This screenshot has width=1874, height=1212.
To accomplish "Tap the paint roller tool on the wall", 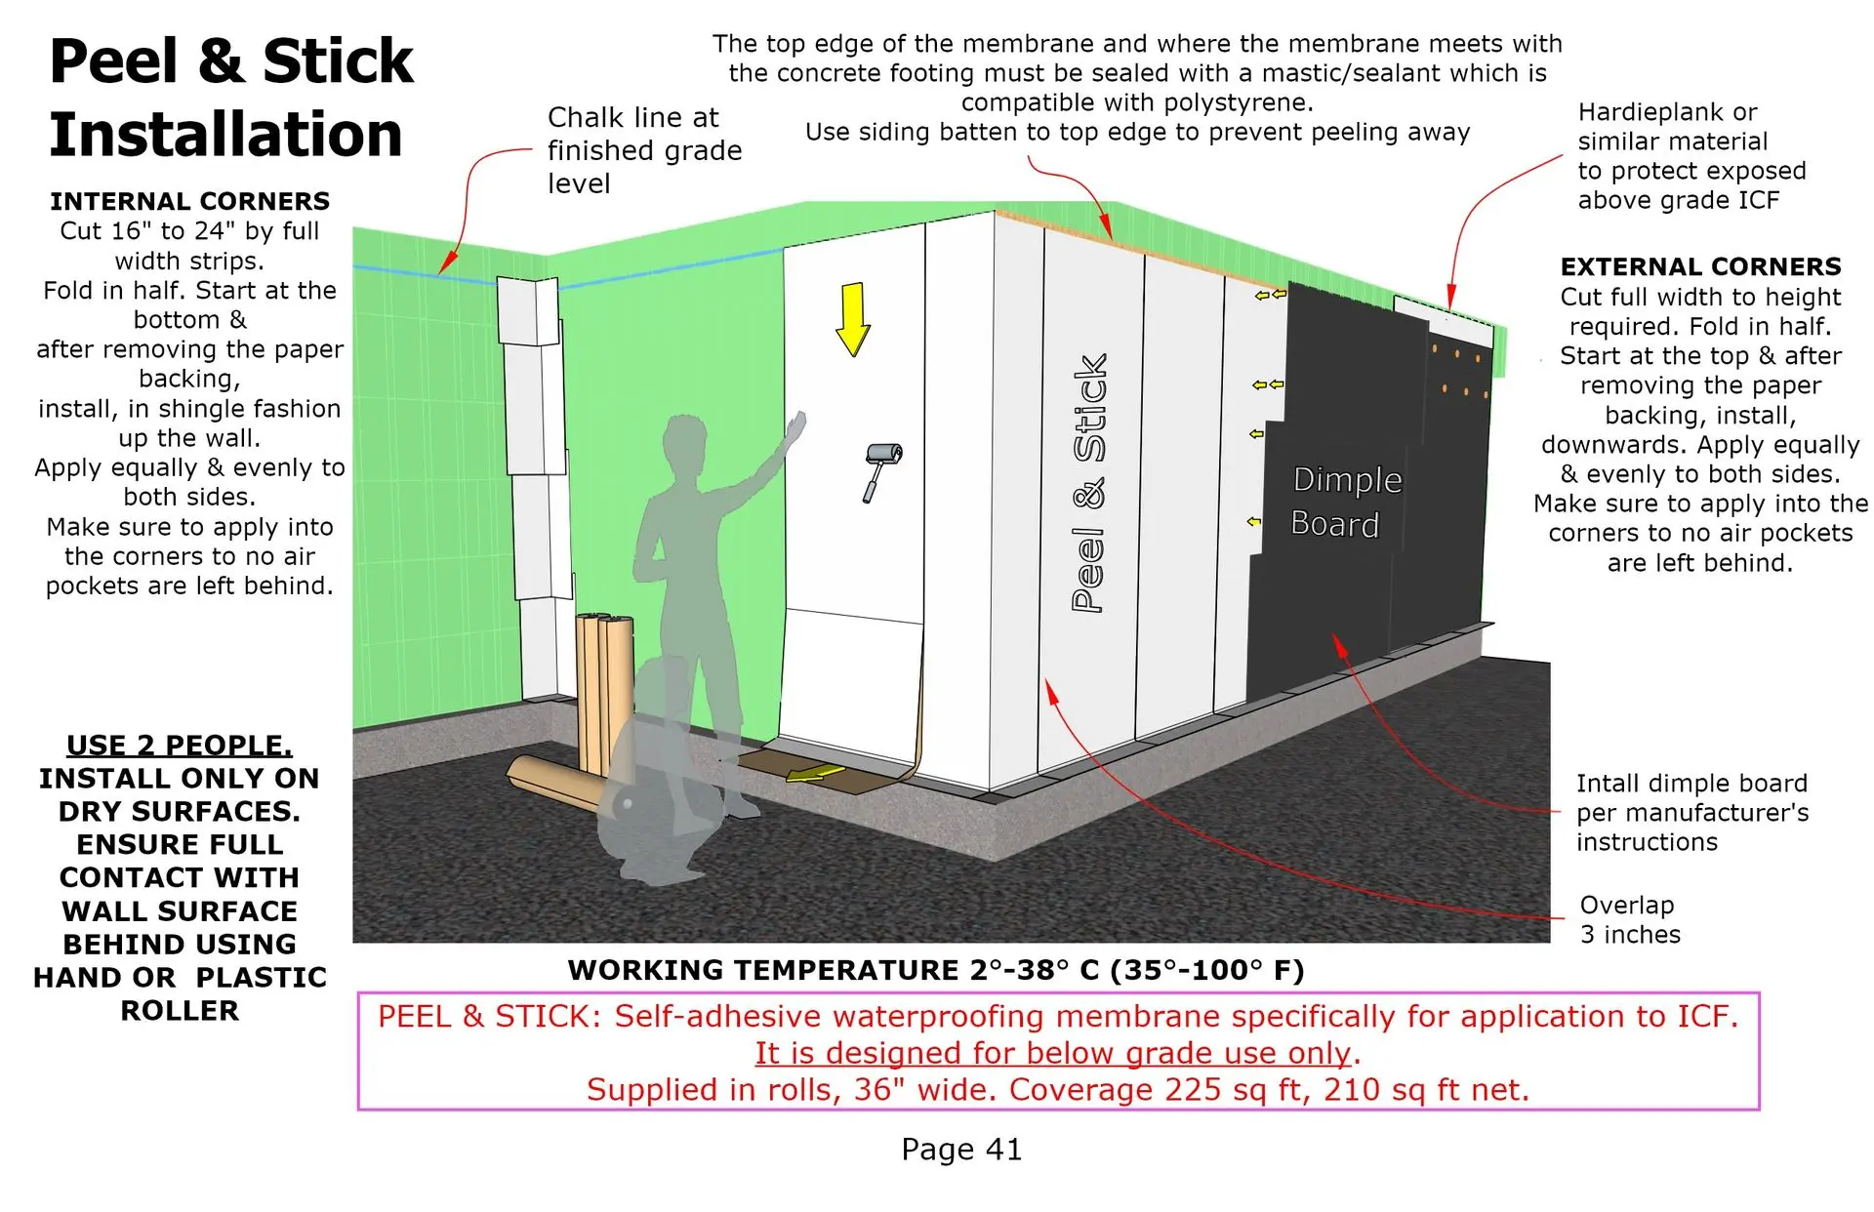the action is point(881,471).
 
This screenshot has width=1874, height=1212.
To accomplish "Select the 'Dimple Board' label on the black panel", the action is point(1346,502).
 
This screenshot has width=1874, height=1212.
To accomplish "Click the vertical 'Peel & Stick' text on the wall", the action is point(1090,482).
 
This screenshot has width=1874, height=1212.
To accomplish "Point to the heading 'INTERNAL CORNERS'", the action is point(190,201).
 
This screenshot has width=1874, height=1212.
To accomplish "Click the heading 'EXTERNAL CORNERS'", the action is point(1700,266).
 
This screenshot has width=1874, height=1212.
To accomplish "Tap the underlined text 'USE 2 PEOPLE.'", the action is point(180,746).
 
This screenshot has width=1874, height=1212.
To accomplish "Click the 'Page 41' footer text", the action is point(961,1150).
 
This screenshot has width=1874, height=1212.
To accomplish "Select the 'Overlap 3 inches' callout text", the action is point(1630,919).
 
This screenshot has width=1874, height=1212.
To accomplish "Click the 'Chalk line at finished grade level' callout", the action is point(644,150).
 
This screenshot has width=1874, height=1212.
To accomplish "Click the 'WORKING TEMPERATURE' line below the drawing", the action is point(936,970).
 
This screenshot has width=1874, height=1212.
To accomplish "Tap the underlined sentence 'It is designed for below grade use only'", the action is point(1053,1053).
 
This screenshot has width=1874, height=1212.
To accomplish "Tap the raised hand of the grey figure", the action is point(796,427).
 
